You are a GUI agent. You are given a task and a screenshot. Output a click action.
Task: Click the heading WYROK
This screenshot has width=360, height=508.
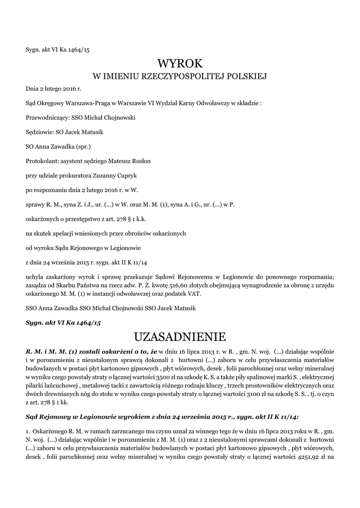180,63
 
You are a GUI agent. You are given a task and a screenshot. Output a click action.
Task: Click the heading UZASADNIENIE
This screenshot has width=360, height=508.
180,337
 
